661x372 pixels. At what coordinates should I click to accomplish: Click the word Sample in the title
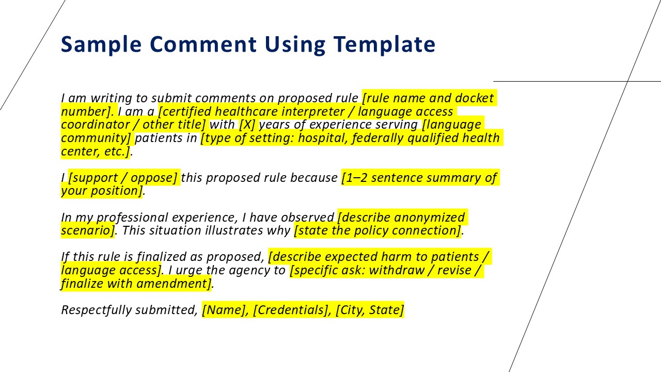(x=101, y=44)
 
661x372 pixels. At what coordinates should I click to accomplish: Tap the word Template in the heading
(x=385, y=44)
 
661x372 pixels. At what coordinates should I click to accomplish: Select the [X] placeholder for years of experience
(x=247, y=125)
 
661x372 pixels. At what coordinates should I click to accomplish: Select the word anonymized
(x=429, y=218)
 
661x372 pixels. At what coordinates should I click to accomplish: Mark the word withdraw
(x=397, y=270)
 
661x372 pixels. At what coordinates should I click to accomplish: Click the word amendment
(x=174, y=284)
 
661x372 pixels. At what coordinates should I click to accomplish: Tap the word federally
(x=377, y=138)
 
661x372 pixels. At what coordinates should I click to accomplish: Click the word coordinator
(x=96, y=125)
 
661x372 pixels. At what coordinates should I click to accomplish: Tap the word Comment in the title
(x=203, y=44)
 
